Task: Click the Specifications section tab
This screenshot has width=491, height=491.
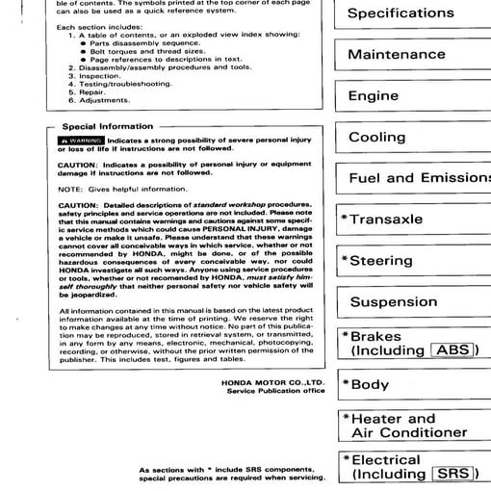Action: click(x=400, y=13)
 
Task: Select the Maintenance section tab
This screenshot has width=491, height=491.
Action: click(x=396, y=55)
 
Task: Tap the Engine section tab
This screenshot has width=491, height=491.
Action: click(x=373, y=96)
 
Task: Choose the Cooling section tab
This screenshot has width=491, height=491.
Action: click(x=376, y=138)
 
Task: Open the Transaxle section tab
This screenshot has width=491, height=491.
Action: click(x=385, y=220)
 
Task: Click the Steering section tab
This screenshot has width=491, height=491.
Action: click(x=381, y=261)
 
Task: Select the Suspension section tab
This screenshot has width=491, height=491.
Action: click(x=393, y=302)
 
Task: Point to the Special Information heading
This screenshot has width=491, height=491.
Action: click(x=107, y=126)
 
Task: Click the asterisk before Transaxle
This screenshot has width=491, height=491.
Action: click(x=345, y=220)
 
